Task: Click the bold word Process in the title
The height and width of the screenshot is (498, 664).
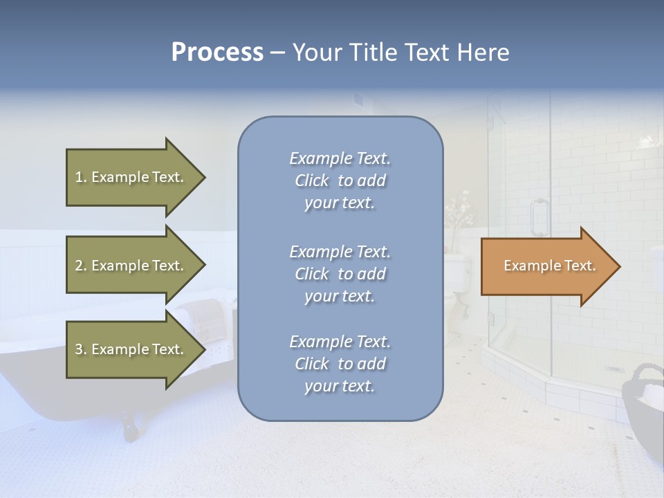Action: (x=217, y=52)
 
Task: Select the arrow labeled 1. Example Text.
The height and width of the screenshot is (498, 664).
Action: (x=131, y=177)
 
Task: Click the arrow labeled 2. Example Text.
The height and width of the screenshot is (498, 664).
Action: (x=131, y=266)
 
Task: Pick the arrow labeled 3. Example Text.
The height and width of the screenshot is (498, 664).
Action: (x=131, y=349)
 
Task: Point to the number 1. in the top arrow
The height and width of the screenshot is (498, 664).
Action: (x=81, y=177)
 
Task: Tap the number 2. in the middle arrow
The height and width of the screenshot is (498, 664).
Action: (x=81, y=266)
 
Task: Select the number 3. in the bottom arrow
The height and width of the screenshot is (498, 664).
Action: (x=81, y=349)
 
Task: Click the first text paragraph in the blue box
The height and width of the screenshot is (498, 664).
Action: (x=340, y=181)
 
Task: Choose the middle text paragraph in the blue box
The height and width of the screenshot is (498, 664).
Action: (x=340, y=274)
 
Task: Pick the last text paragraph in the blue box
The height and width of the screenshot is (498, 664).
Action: (x=340, y=364)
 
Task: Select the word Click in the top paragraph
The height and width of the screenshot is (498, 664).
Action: (x=312, y=181)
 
